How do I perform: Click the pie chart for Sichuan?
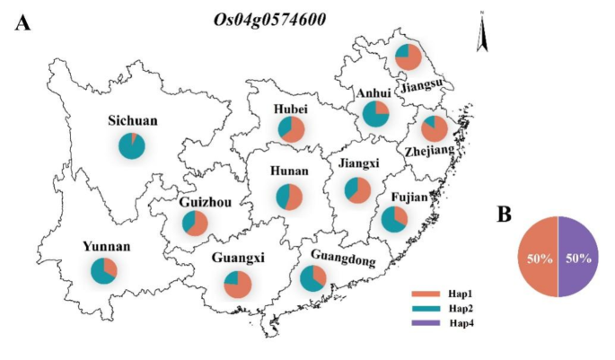pos(131,145)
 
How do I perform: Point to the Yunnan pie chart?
pos(104,270)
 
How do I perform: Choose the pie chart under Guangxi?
pos(237,285)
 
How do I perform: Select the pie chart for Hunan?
pos(289,197)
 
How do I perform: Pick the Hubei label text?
pos(291,110)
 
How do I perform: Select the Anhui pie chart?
pos(375,114)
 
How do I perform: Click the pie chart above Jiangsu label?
pos(409,57)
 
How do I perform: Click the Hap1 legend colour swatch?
pos(427,293)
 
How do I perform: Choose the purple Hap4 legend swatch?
pos(427,321)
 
